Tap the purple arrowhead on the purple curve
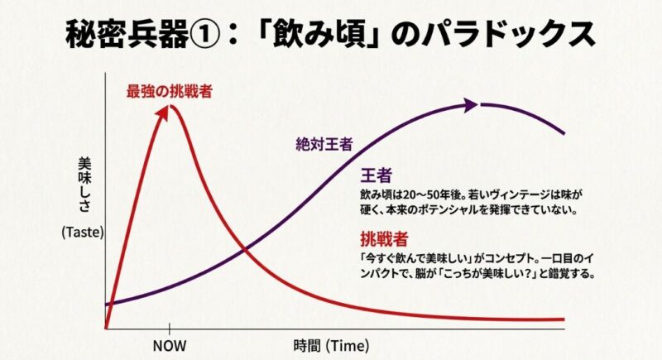tap(471, 105)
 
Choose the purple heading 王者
tap(376, 176)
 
